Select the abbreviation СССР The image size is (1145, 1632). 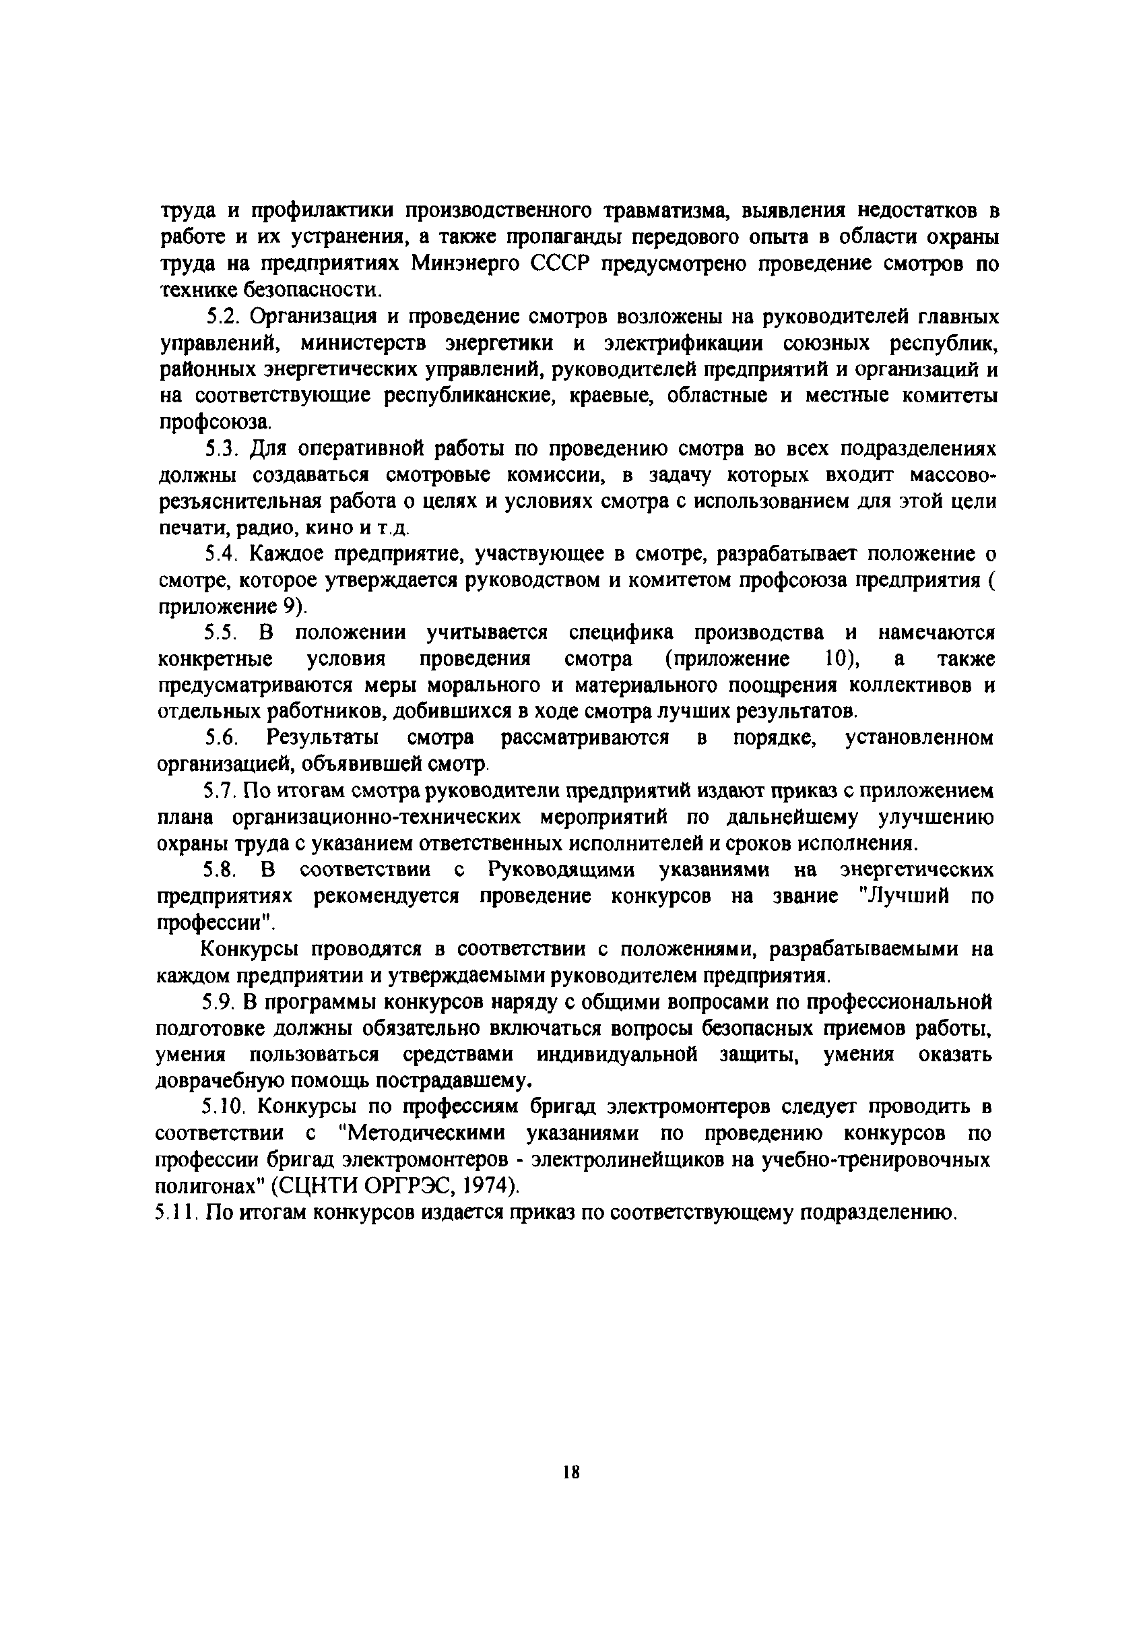click(x=562, y=263)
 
